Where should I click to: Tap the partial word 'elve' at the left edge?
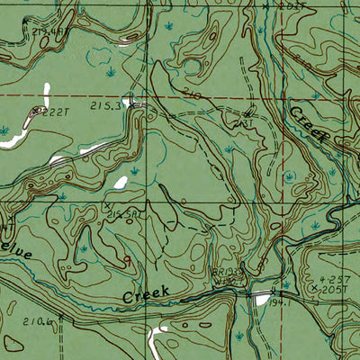(x=16, y=255)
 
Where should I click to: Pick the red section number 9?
(x=127, y=259)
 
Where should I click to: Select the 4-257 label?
(x=343, y=282)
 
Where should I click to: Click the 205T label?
(x=343, y=291)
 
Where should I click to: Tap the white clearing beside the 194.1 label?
(x=262, y=298)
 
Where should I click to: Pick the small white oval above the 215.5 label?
(x=120, y=184)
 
